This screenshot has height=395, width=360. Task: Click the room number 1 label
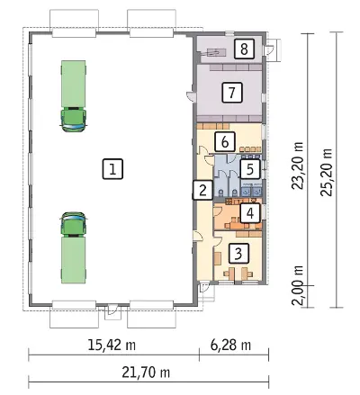click(112, 169)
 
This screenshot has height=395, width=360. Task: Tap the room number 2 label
click(202, 190)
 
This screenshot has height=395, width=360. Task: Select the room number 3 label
click(238, 254)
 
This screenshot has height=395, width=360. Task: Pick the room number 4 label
click(249, 213)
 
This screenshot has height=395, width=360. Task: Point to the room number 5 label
click(249, 169)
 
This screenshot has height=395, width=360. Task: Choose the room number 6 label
click(225, 142)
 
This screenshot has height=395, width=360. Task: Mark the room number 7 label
click(232, 93)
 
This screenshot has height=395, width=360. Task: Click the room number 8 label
click(244, 49)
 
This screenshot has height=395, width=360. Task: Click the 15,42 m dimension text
click(112, 345)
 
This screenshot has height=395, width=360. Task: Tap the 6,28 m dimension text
click(230, 345)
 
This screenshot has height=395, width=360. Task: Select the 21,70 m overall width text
click(146, 373)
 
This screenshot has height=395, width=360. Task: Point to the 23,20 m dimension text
click(298, 166)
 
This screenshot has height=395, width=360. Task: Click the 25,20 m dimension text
click(327, 173)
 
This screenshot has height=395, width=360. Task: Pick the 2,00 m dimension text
click(298, 285)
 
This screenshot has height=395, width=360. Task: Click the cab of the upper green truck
click(74, 120)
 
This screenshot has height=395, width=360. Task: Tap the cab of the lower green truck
click(74, 224)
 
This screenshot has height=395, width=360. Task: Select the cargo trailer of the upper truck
click(74, 84)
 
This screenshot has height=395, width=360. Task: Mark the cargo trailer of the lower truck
click(74, 260)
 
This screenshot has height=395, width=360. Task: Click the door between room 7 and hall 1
click(191, 95)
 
